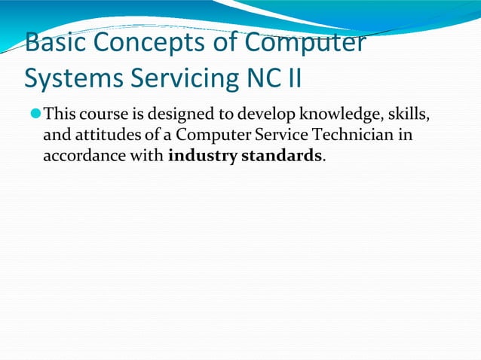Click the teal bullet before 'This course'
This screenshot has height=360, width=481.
36,115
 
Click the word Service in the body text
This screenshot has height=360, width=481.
290,137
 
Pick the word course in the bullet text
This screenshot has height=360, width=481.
103,115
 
